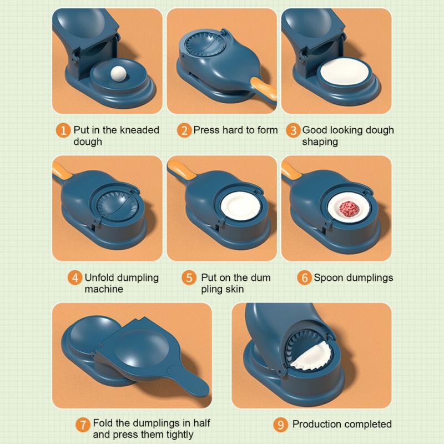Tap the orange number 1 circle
tap(64, 131)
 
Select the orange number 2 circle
tap(184, 131)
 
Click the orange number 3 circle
tap(293, 131)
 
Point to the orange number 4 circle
tap(74, 277)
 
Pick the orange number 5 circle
tap(190, 277)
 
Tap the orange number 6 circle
tap(304, 277)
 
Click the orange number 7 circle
tap(83, 425)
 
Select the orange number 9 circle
tap(282, 425)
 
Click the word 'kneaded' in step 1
tap(139, 130)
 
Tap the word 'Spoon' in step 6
tap(327, 277)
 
